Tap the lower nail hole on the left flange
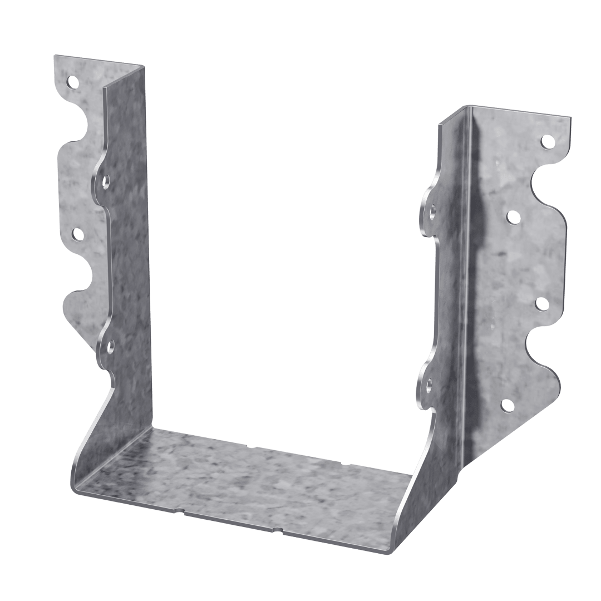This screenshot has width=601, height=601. [x=77, y=234]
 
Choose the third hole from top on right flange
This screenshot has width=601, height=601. [x=540, y=303]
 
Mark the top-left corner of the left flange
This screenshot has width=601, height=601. [x=54, y=56]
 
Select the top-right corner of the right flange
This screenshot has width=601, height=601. [x=570, y=116]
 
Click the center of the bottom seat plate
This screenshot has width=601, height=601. [x=245, y=481]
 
